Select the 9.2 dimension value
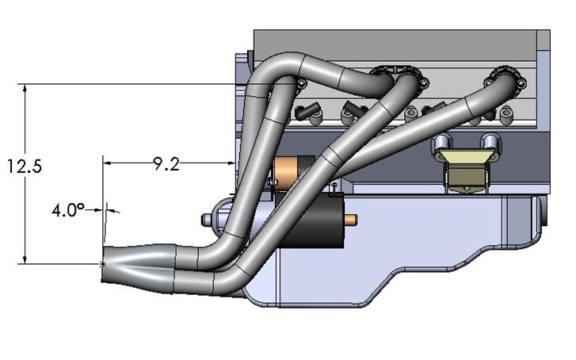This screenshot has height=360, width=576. tap(166, 164)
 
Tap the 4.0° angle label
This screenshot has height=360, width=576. tap(68, 210)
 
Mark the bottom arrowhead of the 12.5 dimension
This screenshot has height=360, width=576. tap(27, 260)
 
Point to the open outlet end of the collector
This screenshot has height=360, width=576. tap(104, 263)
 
